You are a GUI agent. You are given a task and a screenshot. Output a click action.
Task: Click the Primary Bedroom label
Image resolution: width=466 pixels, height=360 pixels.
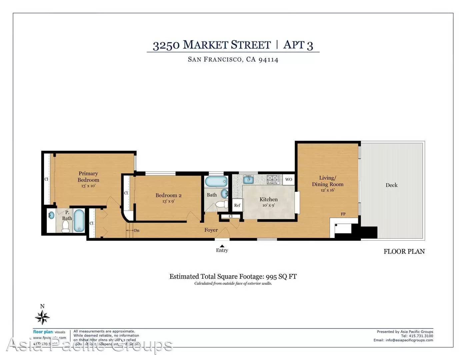click(x=88, y=177)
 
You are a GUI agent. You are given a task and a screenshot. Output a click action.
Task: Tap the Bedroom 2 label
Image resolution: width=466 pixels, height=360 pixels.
click(x=168, y=195)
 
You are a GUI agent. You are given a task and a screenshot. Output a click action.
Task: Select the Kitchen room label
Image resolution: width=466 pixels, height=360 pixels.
click(x=268, y=199)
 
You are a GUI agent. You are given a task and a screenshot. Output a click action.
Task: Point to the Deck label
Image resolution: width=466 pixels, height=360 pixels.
click(x=391, y=185)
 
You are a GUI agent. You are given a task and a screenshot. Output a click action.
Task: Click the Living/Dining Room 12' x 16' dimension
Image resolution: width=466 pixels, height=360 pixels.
click(x=327, y=190)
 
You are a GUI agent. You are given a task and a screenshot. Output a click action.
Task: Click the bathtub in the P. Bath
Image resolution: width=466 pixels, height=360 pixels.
click(x=79, y=220)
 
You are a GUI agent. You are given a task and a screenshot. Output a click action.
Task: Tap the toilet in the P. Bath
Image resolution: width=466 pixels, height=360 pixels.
click(x=66, y=227)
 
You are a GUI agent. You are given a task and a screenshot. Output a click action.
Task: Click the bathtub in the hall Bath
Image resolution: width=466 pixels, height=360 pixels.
click(x=216, y=182)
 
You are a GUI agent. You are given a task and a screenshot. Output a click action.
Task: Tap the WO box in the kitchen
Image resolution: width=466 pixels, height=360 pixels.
click(x=289, y=179)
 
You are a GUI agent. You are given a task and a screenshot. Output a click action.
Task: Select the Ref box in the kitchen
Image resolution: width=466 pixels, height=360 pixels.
click(x=237, y=205)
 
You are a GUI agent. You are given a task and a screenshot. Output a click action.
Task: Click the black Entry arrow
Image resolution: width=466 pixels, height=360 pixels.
click(x=222, y=246)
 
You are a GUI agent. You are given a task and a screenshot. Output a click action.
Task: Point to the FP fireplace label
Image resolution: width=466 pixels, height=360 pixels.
click(x=343, y=214)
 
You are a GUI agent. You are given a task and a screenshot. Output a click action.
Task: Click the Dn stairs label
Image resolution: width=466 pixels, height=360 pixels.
click(x=137, y=230)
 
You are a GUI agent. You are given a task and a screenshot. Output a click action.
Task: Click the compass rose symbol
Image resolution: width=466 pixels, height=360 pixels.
click(x=42, y=317)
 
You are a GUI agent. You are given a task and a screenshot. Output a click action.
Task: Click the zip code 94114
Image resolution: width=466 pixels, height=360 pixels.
click(x=268, y=60)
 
